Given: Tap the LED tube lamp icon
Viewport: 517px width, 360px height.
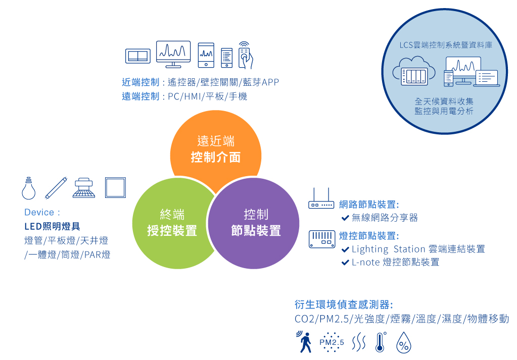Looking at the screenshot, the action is pyautogui.click(x=56, y=188).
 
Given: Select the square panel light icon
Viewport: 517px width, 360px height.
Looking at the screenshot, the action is pyautogui.click(x=115, y=187).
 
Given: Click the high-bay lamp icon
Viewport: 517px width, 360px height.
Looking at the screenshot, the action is pyautogui.click(x=84, y=188).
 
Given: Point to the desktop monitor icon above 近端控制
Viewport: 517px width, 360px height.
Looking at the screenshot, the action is pyautogui.click(x=173, y=55).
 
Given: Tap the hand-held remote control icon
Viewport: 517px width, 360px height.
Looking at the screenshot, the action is pyautogui.click(x=246, y=55).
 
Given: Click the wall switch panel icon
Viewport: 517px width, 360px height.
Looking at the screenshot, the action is pyautogui.click(x=138, y=56).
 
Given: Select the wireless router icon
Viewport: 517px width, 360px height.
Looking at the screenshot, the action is pyautogui.click(x=321, y=198).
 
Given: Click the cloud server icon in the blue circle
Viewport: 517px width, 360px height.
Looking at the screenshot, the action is pyautogui.click(x=414, y=71).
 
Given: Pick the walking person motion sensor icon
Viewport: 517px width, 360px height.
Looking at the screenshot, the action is pyautogui.click(x=304, y=342).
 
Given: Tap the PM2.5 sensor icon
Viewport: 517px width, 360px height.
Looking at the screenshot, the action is pyautogui.click(x=332, y=342).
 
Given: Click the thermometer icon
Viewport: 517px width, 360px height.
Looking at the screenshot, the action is pyautogui.click(x=380, y=342).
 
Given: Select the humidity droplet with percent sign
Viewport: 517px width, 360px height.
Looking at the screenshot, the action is pyautogui.click(x=404, y=342).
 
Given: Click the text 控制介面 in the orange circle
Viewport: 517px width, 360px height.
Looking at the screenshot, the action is pyautogui.click(x=216, y=157).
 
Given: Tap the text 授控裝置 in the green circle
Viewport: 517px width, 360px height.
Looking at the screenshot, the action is pyautogui.click(x=172, y=230).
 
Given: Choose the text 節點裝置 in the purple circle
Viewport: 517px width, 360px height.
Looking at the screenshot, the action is pyautogui.click(x=256, y=230).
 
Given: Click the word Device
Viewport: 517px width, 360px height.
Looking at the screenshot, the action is pyautogui.click(x=39, y=212).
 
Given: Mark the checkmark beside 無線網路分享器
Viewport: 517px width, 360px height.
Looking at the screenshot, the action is pyautogui.click(x=345, y=218).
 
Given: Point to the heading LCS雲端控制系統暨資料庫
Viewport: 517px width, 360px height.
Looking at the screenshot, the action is pyautogui.click(x=446, y=45).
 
